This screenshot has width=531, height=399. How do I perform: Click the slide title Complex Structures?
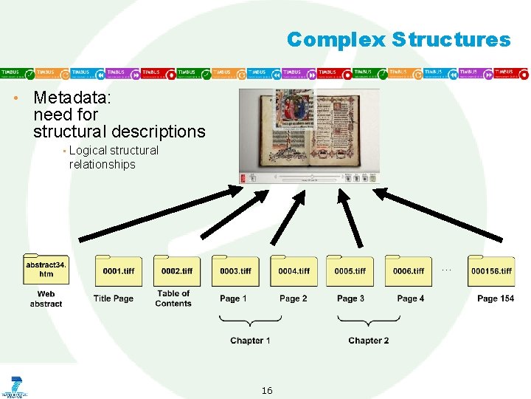[398, 39]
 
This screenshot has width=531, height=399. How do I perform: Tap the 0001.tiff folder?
[119, 270]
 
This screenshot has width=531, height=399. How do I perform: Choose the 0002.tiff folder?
[177, 270]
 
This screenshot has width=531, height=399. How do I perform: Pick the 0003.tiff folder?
[235, 270]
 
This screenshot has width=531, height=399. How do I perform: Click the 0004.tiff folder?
[294, 270]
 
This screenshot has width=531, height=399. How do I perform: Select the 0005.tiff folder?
[350, 270]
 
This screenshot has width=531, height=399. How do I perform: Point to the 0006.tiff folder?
[409, 270]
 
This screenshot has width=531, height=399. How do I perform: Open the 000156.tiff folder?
[491, 270]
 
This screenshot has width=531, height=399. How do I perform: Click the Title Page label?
[114, 299]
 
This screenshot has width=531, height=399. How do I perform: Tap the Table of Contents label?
[173, 299]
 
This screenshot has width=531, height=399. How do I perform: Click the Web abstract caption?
[46, 299]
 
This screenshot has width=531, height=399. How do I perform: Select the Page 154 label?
[496, 299]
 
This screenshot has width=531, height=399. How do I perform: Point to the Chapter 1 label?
[250, 341]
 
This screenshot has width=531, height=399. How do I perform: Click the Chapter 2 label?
[368, 341]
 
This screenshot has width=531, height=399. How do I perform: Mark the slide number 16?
[266, 390]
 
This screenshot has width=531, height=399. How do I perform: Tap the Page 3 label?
[350, 299]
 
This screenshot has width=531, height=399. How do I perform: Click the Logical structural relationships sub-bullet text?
[113, 157]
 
